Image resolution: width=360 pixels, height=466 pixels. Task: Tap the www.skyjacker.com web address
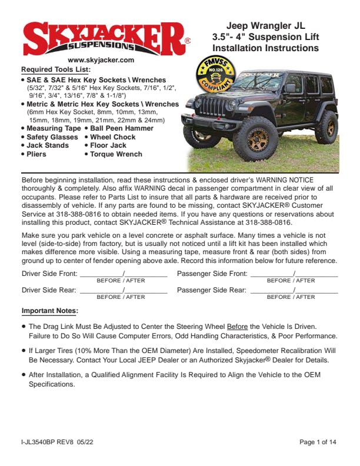[x=101, y=60]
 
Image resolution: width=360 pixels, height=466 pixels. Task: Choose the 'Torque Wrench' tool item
[x=116, y=154]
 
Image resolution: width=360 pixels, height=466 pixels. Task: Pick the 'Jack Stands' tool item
[x=48, y=145]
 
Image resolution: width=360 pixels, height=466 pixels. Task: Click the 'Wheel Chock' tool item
[x=112, y=137]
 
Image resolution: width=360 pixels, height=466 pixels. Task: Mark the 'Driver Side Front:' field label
[x=49, y=274]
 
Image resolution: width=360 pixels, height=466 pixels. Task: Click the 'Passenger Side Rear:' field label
[x=212, y=290]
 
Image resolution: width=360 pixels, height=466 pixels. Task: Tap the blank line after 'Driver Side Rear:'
[x=124, y=291]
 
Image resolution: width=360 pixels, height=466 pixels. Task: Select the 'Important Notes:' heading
[x=50, y=311]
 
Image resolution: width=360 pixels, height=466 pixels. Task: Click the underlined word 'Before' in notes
[x=237, y=326]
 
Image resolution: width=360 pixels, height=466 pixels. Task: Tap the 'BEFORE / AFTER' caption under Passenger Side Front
[x=291, y=281]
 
